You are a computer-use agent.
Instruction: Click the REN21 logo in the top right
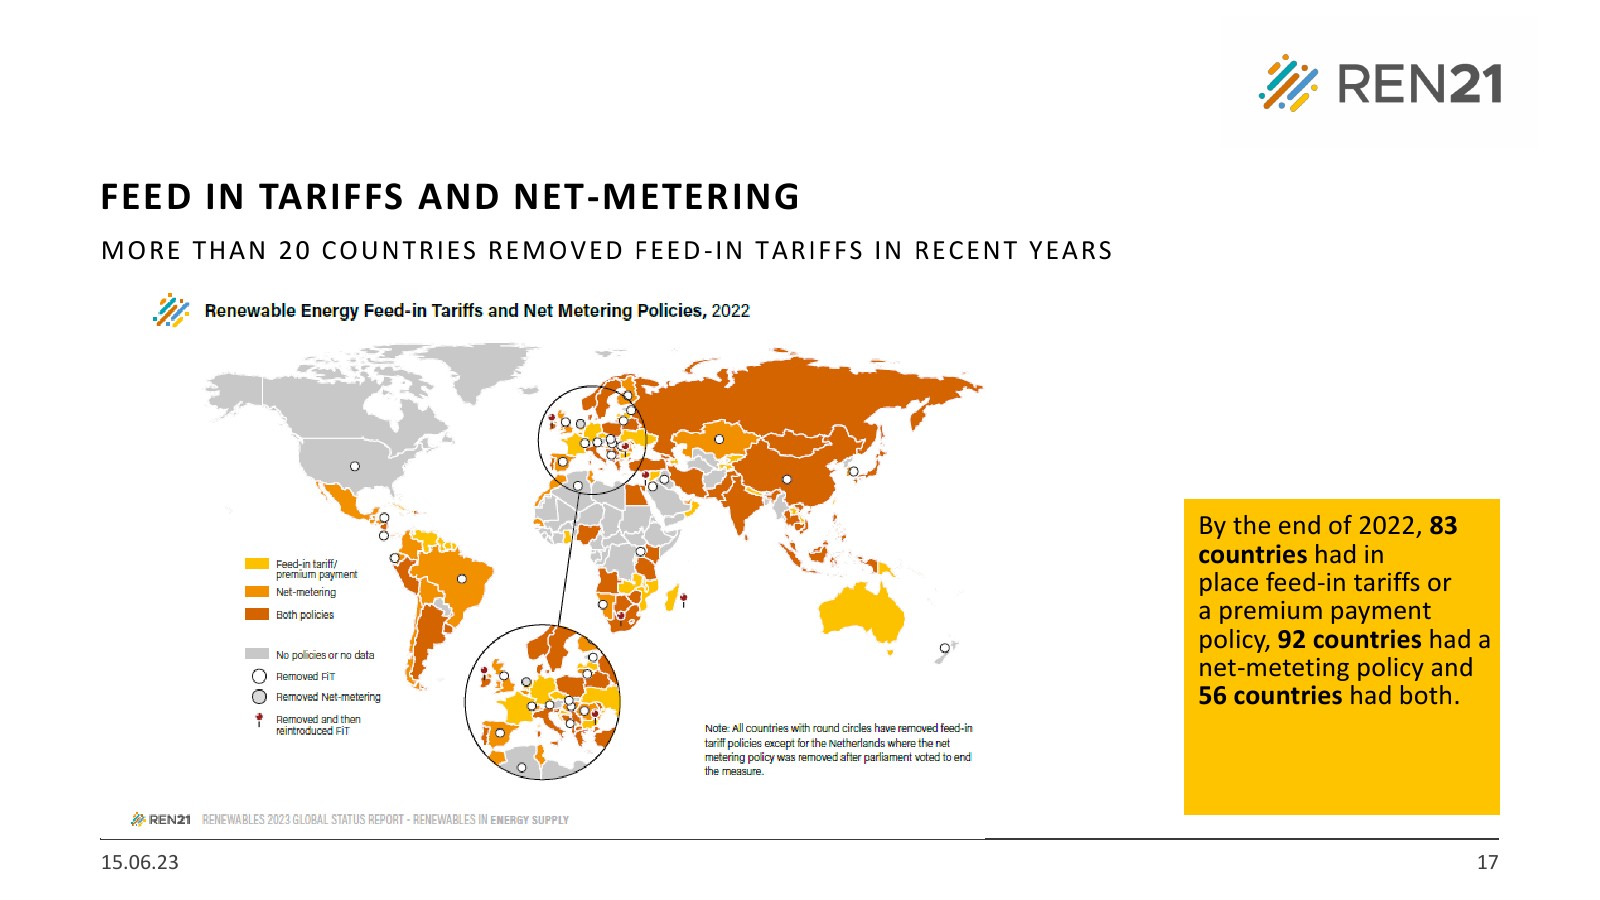point(1380,83)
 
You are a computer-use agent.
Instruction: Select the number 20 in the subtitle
point(294,250)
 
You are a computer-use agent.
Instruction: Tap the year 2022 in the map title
point(730,311)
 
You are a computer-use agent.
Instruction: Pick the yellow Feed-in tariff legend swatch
point(257,564)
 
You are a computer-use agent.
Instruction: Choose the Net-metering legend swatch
point(257,591)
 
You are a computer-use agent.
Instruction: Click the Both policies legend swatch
point(257,614)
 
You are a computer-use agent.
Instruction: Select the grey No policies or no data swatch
point(257,654)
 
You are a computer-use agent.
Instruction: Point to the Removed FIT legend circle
point(259,676)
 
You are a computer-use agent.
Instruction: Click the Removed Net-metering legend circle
point(259,697)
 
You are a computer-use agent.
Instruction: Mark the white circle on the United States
point(355,466)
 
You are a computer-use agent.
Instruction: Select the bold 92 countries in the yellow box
point(1349,639)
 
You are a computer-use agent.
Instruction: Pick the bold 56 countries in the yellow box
point(1270,695)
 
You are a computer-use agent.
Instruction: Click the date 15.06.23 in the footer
point(140,862)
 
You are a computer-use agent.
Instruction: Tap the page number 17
point(1487,862)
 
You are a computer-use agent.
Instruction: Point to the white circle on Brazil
point(462,579)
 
